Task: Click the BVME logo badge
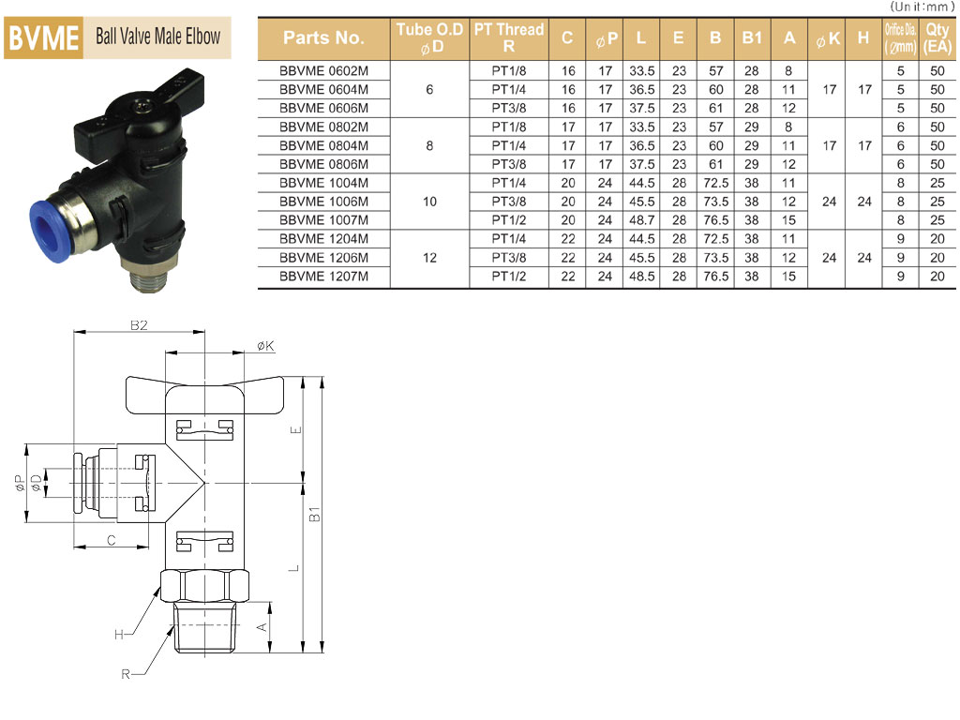coord(43,37)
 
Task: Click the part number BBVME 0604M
coord(323,89)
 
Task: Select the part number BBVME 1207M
coord(323,277)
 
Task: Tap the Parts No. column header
coord(323,37)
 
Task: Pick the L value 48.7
coord(641,219)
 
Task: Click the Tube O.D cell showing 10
coord(429,202)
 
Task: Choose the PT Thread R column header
coord(509,37)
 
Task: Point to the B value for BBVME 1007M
coord(715,219)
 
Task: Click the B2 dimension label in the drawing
coord(139,325)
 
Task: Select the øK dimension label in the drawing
coord(265,346)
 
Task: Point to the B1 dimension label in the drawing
coord(315,514)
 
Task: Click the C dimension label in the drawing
coord(111,540)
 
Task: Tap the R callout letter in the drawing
coord(126,674)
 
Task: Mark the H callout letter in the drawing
coord(119,635)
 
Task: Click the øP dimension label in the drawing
coord(20,483)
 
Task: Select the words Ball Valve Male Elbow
coord(157,37)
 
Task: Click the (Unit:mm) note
coord(922,7)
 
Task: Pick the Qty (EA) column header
coord(937,37)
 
